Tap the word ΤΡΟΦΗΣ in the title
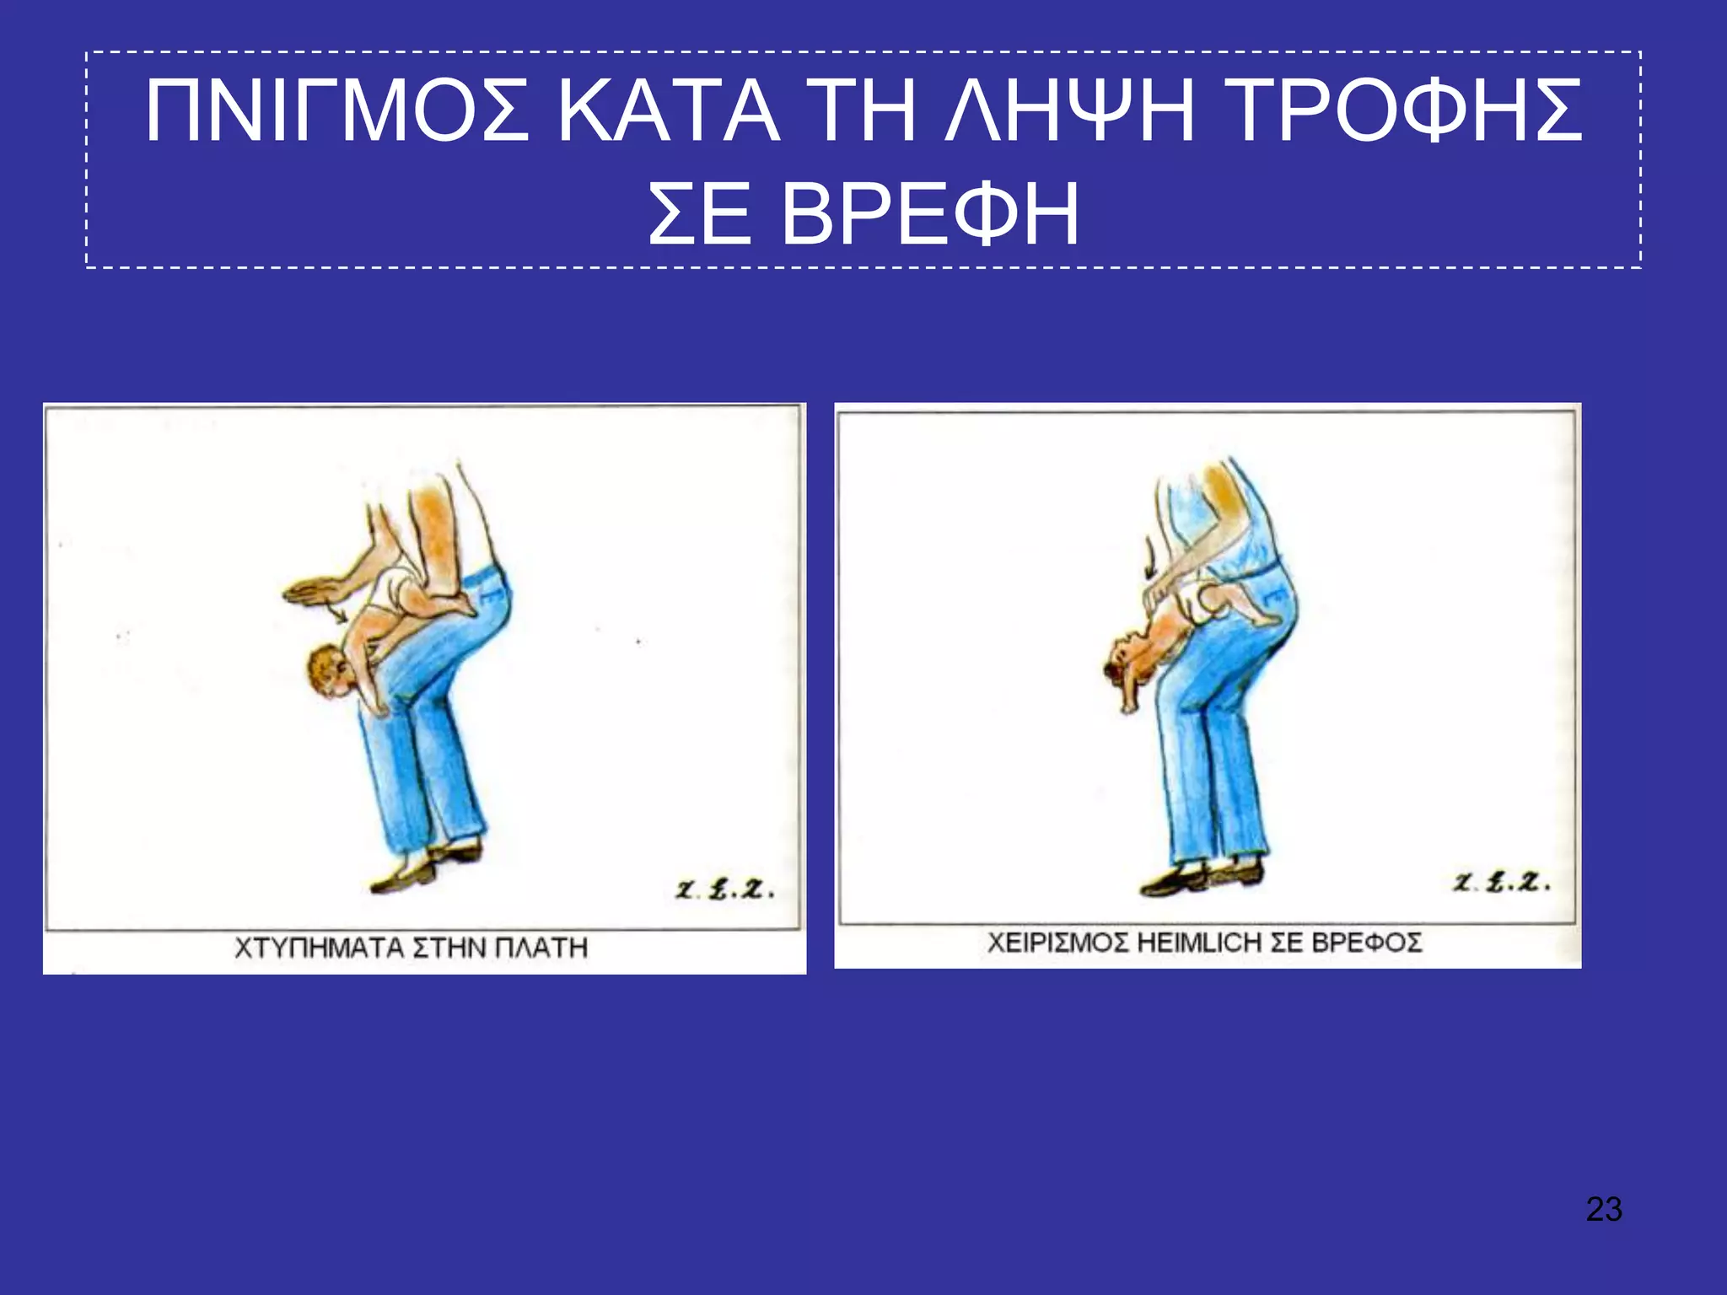point(1400,112)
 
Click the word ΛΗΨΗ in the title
point(1069,112)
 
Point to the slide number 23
point(1604,1209)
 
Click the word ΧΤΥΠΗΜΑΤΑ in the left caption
point(319,948)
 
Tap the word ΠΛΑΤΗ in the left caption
point(541,948)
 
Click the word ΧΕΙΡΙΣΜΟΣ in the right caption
point(1057,942)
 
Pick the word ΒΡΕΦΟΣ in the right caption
point(1366,942)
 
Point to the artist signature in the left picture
point(724,889)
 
